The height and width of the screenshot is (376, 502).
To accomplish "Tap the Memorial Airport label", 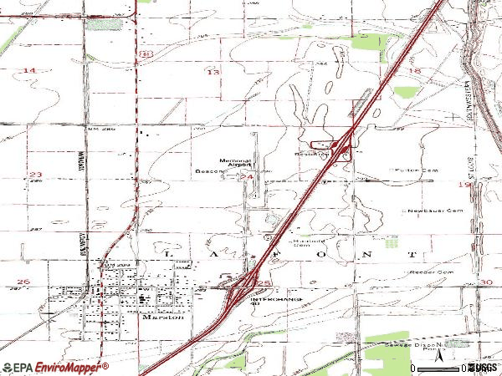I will click(234, 164).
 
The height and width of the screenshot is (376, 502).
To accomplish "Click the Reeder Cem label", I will click(433, 273).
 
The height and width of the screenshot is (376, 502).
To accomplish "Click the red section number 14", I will click(29, 72).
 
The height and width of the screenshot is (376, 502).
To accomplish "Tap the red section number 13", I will click(213, 73).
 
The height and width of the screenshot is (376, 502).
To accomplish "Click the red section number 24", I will click(247, 177).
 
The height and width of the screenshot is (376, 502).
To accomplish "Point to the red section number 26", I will click(23, 282).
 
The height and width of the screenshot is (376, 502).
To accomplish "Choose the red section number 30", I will click(487, 282).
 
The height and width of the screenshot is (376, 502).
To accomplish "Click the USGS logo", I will click(482, 367).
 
